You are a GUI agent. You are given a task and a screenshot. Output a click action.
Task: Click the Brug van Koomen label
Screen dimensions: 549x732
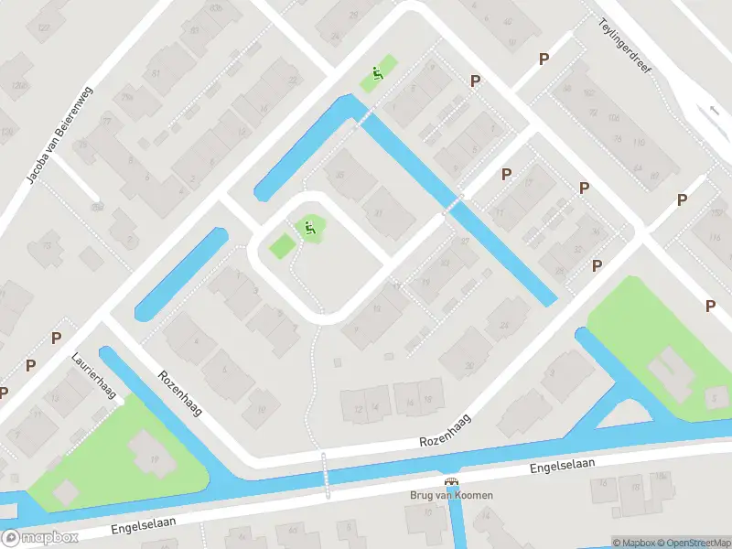[450, 495]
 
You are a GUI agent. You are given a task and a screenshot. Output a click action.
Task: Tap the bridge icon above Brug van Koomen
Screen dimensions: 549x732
[450, 481]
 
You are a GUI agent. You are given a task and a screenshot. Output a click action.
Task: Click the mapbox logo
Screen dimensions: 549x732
[40, 538]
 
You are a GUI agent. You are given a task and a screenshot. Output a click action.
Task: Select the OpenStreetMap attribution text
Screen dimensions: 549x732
[694, 543]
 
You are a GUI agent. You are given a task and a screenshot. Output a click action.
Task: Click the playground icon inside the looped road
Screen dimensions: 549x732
[310, 227]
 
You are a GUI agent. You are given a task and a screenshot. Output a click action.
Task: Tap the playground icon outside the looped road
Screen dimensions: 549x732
[376, 74]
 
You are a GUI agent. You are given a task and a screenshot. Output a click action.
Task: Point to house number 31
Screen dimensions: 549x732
[377, 212]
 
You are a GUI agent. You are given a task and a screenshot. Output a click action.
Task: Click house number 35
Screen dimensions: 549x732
[339, 176]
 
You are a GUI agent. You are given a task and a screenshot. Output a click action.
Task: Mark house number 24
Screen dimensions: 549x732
[504, 325]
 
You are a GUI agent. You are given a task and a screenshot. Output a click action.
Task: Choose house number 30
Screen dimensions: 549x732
[469, 366]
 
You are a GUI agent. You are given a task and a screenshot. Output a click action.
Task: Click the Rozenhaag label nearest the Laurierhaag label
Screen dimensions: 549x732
[179, 393]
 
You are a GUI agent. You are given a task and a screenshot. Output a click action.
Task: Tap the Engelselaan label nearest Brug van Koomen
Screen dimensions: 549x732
[562, 467]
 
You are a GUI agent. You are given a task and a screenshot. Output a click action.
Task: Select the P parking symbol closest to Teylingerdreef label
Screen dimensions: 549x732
[544, 59]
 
